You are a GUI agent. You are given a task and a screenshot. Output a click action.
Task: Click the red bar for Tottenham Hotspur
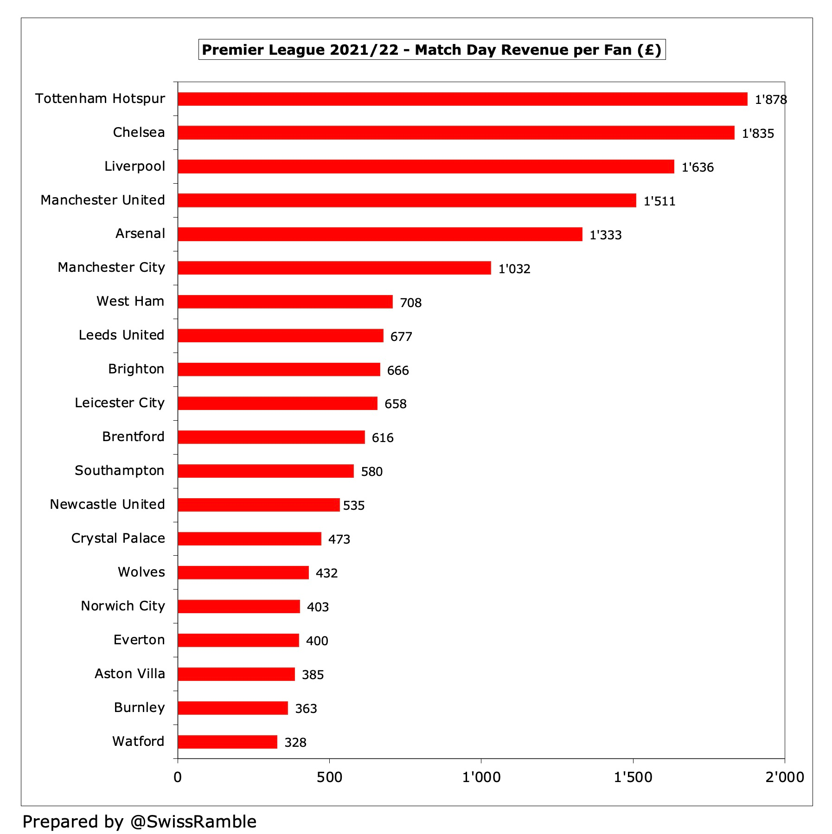click(462, 99)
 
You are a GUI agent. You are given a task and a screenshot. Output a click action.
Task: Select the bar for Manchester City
click(334, 268)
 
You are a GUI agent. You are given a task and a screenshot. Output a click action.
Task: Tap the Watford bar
click(227, 742)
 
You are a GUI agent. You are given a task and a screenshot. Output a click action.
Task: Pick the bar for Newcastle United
click(258, 505)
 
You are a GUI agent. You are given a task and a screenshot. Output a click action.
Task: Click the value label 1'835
click(758, 134)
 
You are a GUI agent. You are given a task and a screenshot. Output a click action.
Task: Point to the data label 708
click(410, 303)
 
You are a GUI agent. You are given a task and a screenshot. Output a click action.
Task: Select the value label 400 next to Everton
click(317, 641)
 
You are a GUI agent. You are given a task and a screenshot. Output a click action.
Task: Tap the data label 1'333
click(605, 235)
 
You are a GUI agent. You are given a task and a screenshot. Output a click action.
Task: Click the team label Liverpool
click(134, 166)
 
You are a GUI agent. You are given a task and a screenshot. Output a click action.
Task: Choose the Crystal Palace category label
click(118, 538)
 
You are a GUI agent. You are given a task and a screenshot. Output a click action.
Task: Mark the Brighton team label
click(136, 369)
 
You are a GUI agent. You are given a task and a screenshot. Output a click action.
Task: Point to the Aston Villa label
click(129, 674)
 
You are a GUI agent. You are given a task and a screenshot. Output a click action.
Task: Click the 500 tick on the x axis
click(329, 777)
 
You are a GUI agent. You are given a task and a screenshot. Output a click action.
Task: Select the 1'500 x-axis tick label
click(633, 777)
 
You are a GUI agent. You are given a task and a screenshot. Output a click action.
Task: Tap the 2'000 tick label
click(784, 777)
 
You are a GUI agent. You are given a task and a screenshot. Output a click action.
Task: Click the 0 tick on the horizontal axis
click(178, 777)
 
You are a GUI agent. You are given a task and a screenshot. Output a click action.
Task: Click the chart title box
click(432, 50)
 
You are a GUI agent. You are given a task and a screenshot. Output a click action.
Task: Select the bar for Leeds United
click(280, 335)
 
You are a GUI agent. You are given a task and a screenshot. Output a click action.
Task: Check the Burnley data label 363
click(306, 709)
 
